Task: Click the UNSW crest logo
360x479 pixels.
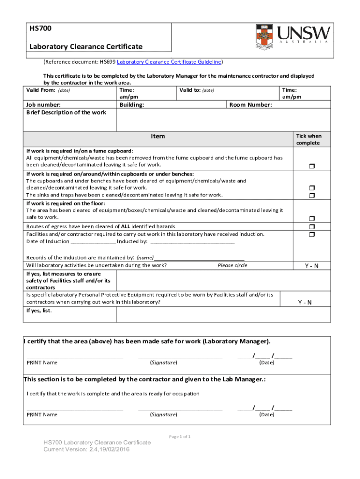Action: tap(265, 37)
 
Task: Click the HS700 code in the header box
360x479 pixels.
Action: tap(40, 28)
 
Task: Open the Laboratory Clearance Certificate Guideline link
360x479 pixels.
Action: tap(169, 62)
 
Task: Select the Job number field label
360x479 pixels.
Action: tap(43, 105)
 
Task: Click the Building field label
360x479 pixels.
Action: tap(132, 105)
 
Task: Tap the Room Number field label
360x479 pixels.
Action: tap(251, 105)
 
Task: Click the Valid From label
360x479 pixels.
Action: tap(41, 90)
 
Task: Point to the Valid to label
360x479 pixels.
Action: tap(190, 90)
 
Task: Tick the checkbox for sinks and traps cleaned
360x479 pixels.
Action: tap(311, 195)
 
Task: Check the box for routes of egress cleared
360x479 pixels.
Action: tap(311, 226)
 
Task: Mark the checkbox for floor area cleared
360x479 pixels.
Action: tap(311, 218)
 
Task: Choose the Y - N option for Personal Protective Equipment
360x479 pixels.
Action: tap(305, 302)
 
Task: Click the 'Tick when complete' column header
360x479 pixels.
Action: tap(308, 139)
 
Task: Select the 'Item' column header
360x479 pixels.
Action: tap(158, 136)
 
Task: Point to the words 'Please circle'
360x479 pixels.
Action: tap(232, 265)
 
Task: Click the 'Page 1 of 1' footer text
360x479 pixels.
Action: tap(180, 436)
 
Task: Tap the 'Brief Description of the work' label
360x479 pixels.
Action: tap(66, 112)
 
